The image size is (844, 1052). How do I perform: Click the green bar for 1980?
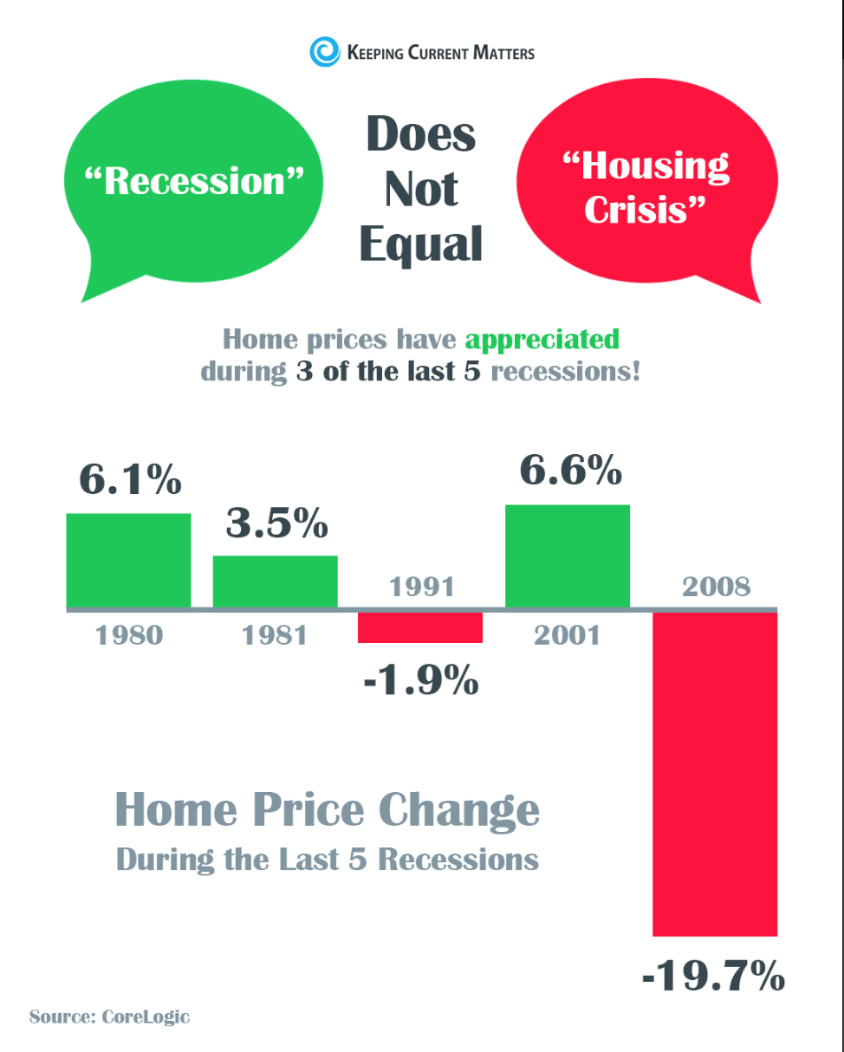click(128, 560)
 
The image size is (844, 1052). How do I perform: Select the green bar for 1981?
click(275, 581)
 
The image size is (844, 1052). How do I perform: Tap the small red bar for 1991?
click(420, 627)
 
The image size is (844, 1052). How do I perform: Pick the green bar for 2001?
click(568, 555)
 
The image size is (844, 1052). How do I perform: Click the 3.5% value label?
click(276, 523)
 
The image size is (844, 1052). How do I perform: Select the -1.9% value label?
click(421, 680)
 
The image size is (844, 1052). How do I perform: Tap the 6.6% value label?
click(570, 471)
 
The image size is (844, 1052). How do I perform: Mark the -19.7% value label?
click(713, 977)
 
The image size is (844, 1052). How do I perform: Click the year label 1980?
click(128, 635)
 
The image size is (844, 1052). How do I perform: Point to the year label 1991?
click(422, 587)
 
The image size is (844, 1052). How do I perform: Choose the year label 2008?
click(716, 587)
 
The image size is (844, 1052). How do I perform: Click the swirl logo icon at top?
click(325, 51)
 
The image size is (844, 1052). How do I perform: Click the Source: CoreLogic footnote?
click(109, 1016)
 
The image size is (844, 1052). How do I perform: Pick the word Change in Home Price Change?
click(459, 809)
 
